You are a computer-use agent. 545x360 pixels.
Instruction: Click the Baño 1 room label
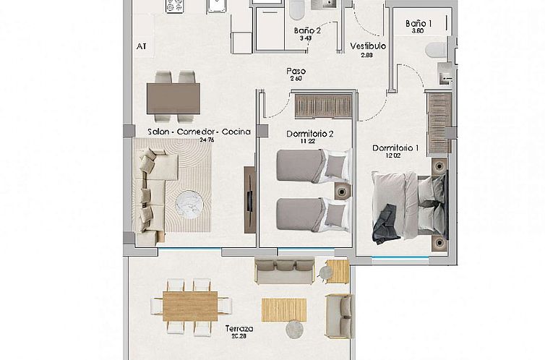419,23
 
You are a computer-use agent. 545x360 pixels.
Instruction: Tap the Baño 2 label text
307,30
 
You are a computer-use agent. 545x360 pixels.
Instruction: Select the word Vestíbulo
368,46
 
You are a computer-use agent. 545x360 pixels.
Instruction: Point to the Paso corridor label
295,72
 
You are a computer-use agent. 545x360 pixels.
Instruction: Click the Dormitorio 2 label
309,134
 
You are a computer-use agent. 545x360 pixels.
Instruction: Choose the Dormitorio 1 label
395,148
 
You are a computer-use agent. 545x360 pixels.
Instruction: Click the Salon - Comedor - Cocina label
199,132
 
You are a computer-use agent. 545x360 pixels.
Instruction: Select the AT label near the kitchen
141,46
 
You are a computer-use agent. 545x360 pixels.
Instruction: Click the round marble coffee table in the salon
190,203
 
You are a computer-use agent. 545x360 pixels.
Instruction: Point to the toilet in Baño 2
296,11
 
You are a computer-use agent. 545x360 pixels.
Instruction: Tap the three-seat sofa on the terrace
284,270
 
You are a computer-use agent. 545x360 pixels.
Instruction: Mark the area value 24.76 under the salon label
207,140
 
